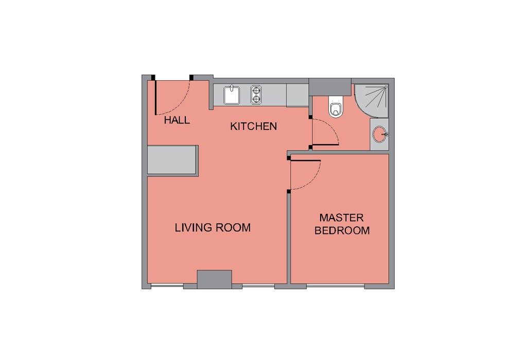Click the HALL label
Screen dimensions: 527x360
(177, 120)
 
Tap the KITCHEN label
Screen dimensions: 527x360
(253, 127)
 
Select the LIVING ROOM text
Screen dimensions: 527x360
(213, 228)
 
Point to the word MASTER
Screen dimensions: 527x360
(342, 218)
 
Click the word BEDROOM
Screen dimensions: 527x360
(342, 230)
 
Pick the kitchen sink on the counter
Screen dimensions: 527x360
(231, 95)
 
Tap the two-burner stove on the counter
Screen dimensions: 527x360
(256, 95)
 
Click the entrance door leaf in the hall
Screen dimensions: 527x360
(155, 98)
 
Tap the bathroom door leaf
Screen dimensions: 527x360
(325, 145)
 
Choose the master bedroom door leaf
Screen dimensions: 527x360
(306, 160)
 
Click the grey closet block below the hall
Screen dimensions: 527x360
(172, 160)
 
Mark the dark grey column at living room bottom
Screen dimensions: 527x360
(215, 279)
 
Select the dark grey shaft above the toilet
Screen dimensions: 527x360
(330, 86)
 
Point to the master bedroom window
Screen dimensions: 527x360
(336, 286)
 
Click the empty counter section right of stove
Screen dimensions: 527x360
(297, 95)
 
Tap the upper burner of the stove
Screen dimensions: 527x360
(256, 90)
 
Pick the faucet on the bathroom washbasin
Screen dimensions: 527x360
(385, 134)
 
